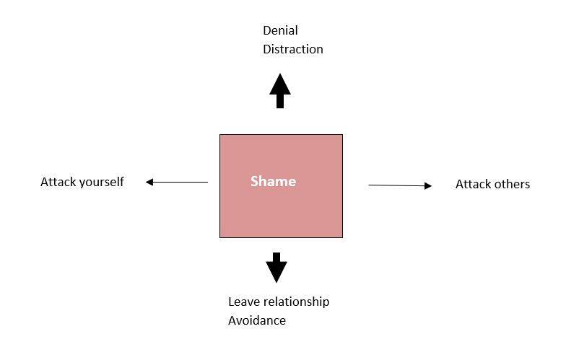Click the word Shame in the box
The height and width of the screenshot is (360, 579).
(273, 181)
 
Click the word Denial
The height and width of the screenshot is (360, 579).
(280, 30)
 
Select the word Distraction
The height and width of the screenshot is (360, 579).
(293, 49)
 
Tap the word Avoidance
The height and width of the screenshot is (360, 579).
(256, 320)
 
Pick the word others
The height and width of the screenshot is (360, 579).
(512, 184)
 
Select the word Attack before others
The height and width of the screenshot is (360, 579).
(473, 184)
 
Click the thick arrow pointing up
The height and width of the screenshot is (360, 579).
(280, 91)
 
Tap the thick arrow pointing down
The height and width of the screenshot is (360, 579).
(277, 268)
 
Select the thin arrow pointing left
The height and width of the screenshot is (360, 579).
(176, 182)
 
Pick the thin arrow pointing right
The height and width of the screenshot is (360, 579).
(400, 185)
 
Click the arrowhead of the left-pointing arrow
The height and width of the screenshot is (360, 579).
(149, 182)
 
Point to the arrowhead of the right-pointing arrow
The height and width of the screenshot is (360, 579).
(428, 186)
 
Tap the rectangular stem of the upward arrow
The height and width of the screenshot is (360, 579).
(280, 101)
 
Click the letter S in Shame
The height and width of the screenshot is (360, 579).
(254, 181)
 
